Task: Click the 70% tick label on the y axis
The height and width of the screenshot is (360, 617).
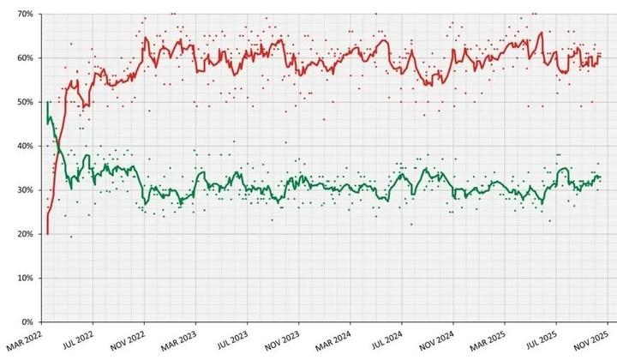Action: click(x=23, y=15)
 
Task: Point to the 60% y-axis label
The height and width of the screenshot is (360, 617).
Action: click(x=23, y=58)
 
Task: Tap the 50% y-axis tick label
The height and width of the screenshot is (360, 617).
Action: click(x=23, y=102)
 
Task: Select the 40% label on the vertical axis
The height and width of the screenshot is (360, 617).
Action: click(x=23, y=147)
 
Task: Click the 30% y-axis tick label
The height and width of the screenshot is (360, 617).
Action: click(x=23, y=190)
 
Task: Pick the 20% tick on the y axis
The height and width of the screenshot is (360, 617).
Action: click(x=23, y=234)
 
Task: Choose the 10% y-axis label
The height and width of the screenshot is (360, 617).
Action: click(x=23, y=279)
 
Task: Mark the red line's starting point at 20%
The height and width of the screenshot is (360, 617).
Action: click(x=47, y=233)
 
